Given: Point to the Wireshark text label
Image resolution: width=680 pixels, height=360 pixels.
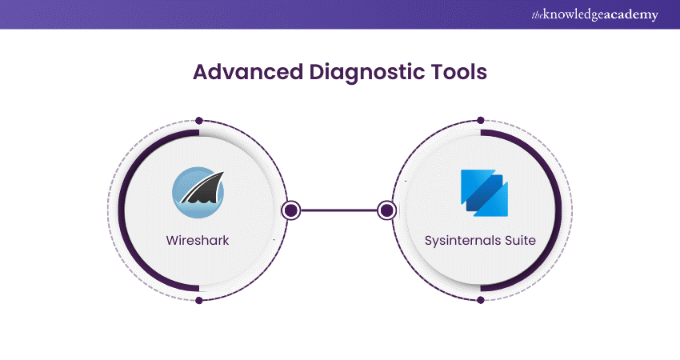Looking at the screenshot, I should click(x=198, y=240).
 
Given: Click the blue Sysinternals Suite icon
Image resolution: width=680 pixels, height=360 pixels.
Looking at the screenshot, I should click(x=483, y=192).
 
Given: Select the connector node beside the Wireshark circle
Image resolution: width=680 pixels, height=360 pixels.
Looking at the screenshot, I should click(x=291, y=210).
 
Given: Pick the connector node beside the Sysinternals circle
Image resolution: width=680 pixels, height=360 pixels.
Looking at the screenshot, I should click(x=387, y=210).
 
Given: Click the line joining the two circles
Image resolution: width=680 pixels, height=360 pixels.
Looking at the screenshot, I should click(x=339, y=210).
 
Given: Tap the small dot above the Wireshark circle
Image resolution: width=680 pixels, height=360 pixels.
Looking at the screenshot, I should click(x=198, y=121).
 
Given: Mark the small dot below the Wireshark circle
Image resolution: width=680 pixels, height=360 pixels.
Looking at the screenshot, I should click(x=198, y=300).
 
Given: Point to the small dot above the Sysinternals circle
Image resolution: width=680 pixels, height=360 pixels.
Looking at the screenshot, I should click(x=480, y=121).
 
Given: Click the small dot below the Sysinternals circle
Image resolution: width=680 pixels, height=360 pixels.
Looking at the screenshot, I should click(x=480, y=300).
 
